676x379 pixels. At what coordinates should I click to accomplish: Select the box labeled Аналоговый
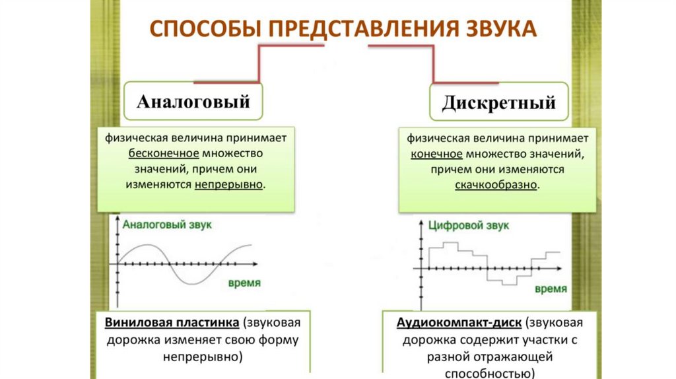tap(193, 102)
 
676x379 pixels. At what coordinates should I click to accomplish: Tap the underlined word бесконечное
tap(164, 153)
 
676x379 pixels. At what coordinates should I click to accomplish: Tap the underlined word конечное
tap(436, 154)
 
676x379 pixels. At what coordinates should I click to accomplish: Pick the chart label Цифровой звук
tap(469, 226)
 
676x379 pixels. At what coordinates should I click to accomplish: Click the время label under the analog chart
tap(244, 283)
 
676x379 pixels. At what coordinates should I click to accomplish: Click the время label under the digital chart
tap(550, 289)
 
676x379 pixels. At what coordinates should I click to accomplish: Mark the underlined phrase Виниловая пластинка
tap(172, 324)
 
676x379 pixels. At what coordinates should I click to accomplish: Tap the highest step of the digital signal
tap(450, 243)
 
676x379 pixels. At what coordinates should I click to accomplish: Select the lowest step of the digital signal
tap(509, 285)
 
